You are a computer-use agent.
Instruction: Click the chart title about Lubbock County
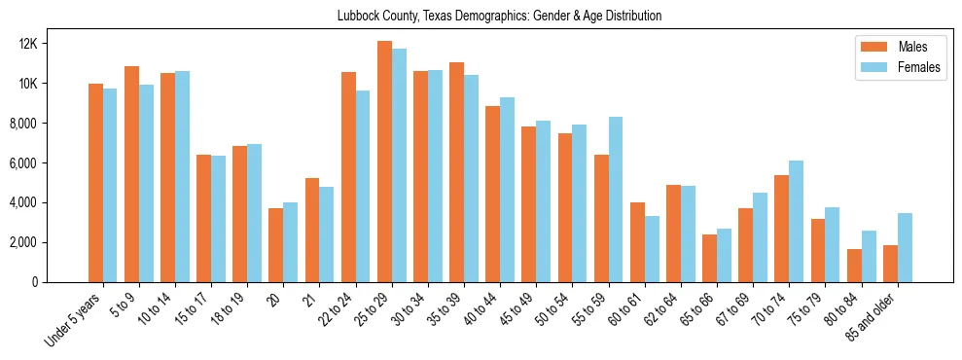point(499,16)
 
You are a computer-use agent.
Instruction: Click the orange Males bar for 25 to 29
point(385,162)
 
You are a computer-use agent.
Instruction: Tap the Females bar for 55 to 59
point(616,199)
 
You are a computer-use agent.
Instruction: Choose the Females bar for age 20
point(291,242)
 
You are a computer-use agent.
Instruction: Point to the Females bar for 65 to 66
point(725,255)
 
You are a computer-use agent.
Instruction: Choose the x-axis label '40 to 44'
point(483,313)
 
